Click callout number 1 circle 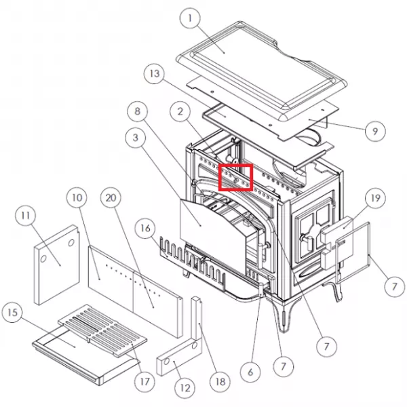pyautogui.click(x=190, y=18)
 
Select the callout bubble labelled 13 pyautogui.click(x=155, y=73)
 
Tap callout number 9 pyautogui.click(x=375, y=131)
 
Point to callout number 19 pyautogui.click(x=375, y=198)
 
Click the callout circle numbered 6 pyautogui.click(x=250, y=372)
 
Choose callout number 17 pyautogui.click(x=145, y=381)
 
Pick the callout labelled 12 pyautogui.click(x=185, y=388)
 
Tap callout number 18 pyautogui.click(x=220, y=381)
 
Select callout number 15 pyautogui.click(x=12, y=313)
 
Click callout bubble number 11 pyautogui.click(x=26, y=216)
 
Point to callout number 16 pyautogui.click(x=145, y=228)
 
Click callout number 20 pyautogui.click(x=111, y=198)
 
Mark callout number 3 pyautogui.click(x=135, y=138)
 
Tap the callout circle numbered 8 pyautogui.click(x=137, y=111)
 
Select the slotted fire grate pyautogui.click(x=103, y=330)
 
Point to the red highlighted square pyautogui.click(x=235, y=177)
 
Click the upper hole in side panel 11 pyautogui.click(x=71, y=243)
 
